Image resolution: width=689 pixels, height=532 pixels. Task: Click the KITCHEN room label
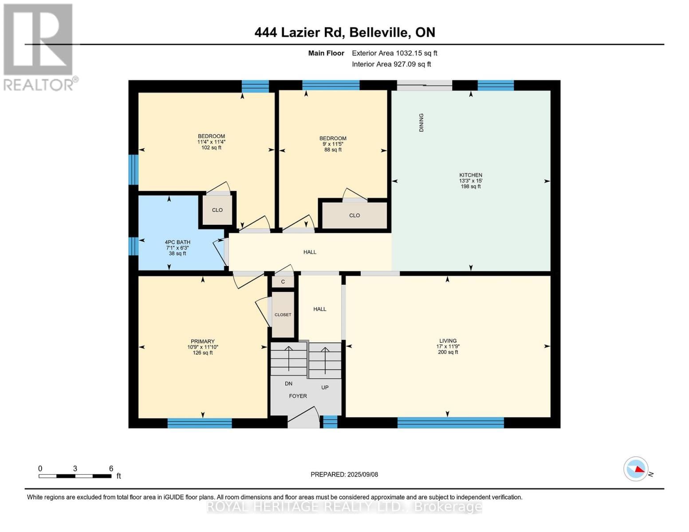[470, 176]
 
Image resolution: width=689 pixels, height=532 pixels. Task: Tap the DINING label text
[421, 122]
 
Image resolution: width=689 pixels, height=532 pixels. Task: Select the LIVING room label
[448, 341]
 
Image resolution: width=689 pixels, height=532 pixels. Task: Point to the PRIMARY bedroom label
[202, 342]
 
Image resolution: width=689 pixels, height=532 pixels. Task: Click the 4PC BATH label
[177, 243]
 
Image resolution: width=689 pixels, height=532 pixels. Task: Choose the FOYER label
[298, 396]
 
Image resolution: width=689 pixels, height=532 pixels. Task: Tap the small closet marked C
[283, 282]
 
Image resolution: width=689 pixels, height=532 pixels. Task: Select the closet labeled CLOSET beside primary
[283, 315]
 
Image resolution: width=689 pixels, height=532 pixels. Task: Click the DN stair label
[288, 383]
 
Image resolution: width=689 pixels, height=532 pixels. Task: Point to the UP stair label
[325, 387]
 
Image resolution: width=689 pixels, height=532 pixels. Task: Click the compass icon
[636, 469]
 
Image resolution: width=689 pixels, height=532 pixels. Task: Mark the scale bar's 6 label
[111, 469]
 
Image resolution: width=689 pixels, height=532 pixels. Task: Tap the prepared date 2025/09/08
[344, 474]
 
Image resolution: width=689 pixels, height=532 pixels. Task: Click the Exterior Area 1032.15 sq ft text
[394, 53]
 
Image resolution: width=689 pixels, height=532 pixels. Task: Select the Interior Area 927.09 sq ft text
[391, 64]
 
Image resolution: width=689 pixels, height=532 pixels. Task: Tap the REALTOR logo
[39, 47]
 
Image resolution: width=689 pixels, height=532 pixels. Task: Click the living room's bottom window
[450, 422]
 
